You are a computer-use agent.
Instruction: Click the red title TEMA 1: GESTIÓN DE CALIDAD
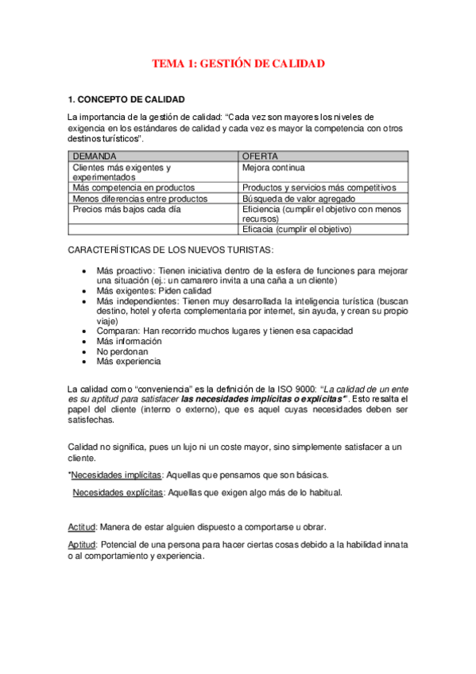click(x=238, y=64)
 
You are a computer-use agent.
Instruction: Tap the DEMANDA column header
click(x=95, y=157)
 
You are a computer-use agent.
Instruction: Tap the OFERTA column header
click(x=260, y=157)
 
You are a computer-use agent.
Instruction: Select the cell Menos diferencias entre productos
click(x=140, y=198)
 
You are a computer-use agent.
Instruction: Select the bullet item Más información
click(x=128, y=340)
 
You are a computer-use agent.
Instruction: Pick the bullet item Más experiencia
click(x=128, y=361)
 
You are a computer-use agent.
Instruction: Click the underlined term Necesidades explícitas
click(x=118, y=493)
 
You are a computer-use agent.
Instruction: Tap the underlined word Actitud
click(x=82, y=527)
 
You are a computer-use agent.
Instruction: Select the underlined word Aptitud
click(x=82, y=544)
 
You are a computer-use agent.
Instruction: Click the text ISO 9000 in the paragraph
click(x=279, y=388)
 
